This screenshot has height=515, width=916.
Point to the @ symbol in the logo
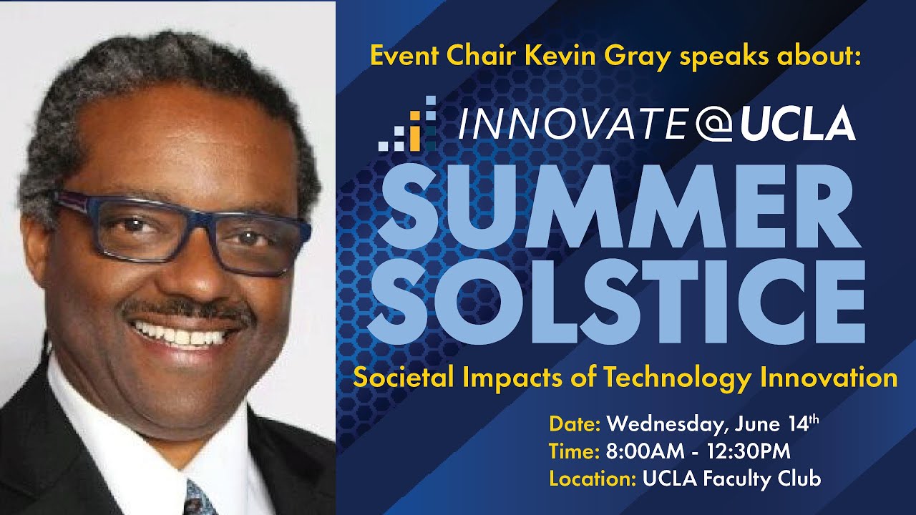pyautogui.click(x=713, y=124)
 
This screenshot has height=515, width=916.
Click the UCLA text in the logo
pyautogui.click(x=798, y=124)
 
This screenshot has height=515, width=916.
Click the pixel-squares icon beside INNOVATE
pyautogui.click(x=408, y=124)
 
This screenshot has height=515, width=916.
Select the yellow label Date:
pyautogui.click(x=575, y=424)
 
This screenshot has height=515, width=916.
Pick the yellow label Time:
pyautogui.click(x=574, y=451)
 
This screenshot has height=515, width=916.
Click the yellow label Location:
pyautogui.click(x=593, y=479)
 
